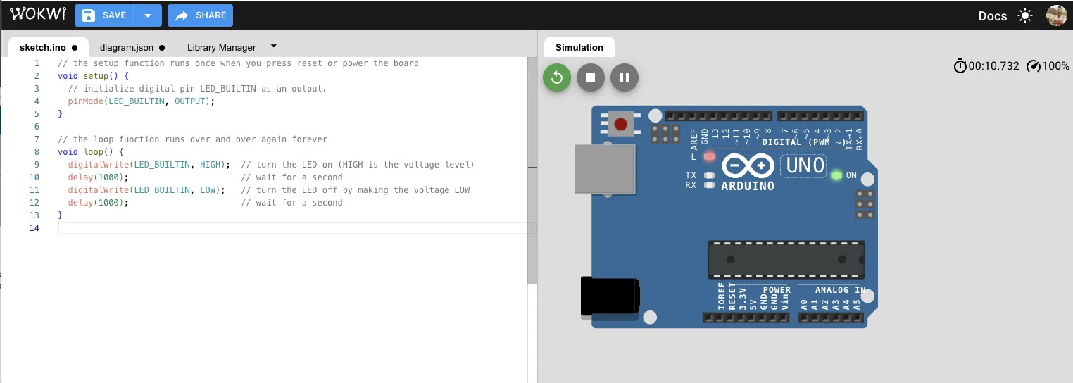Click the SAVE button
(105, 15)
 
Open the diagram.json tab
(127, 48)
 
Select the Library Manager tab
(221, 48)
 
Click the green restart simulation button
(557, 77)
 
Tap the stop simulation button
(591, 77)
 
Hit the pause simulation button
(625, 77)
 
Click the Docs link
(992, 16)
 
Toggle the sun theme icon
(1025, 16)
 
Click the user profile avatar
(1056, 15)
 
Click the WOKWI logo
(38, 15)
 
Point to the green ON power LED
(836, 175)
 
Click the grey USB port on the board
(604, 169)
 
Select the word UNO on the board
(805, 165)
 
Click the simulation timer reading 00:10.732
(993, 66)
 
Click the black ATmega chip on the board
(786, 260)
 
